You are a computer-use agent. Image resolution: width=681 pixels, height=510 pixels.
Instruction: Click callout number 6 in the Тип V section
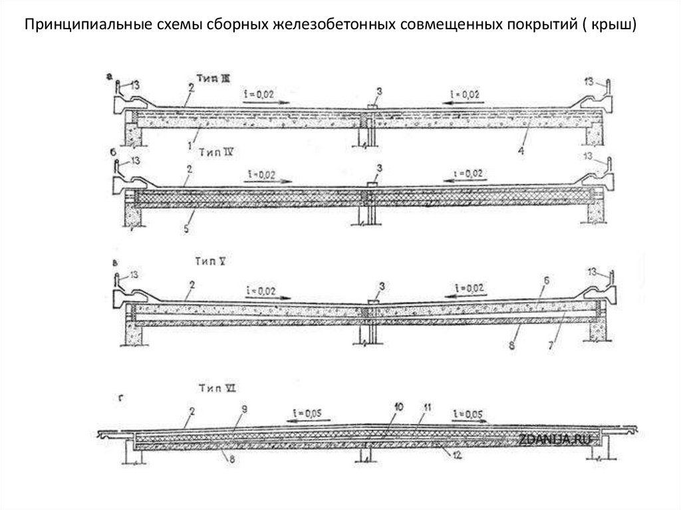[x=545, y=283]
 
